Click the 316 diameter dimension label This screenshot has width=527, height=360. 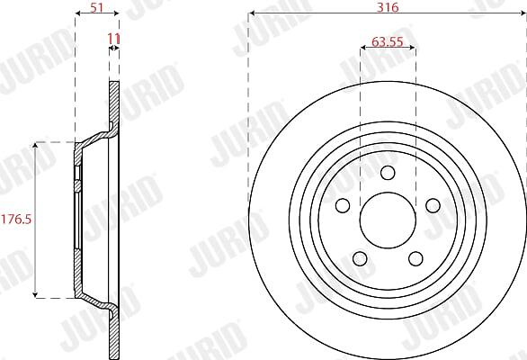(x=388, y=7)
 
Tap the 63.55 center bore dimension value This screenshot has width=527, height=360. (x=388, y=41)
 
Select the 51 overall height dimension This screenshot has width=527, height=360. (x=97, y=7)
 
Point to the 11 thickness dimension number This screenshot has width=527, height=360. (x=113, y=39)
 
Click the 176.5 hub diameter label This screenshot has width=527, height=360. (x=16, y=220)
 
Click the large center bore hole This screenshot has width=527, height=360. (x=388, y=220)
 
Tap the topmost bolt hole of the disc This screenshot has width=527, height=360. (x=388, y=173)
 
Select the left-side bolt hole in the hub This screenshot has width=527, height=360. (x=343, y=205)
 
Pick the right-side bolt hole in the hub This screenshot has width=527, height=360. (x=433, y=205)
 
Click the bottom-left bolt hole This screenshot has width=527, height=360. (x=360, y=258)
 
